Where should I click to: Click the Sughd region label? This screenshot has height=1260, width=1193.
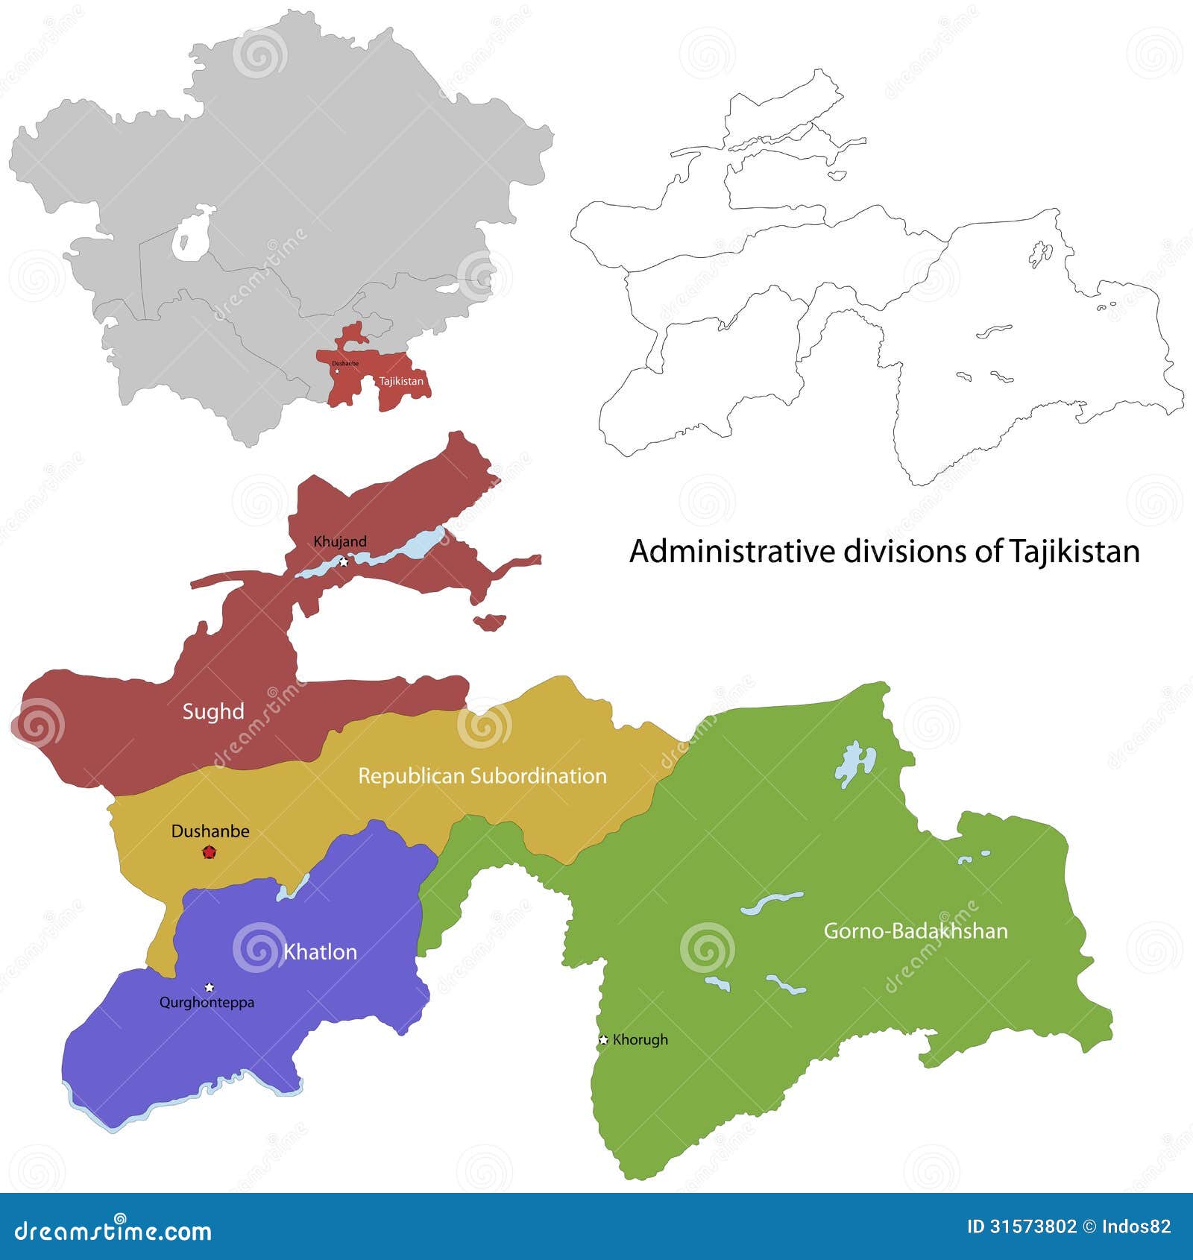[213, 711]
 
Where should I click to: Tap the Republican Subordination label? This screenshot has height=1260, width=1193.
[482, 776]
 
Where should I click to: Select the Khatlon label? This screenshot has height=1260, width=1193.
[320, 952]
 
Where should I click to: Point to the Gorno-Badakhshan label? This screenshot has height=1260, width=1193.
[915, 930]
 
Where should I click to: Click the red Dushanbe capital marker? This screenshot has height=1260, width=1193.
[209, 852]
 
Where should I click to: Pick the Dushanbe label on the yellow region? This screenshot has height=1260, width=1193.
[210, 831]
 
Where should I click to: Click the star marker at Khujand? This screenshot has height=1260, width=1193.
[344, 561]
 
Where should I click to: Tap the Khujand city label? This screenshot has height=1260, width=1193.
[340, 541]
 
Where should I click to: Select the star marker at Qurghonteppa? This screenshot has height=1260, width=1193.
[210, 987]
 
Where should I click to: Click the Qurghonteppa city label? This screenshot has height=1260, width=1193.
[207, 1003]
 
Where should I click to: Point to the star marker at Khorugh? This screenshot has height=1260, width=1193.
[603, 1039]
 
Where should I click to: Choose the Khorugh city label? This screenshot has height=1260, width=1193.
[640, 1039]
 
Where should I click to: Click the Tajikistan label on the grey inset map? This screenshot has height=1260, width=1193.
[401, 381]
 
